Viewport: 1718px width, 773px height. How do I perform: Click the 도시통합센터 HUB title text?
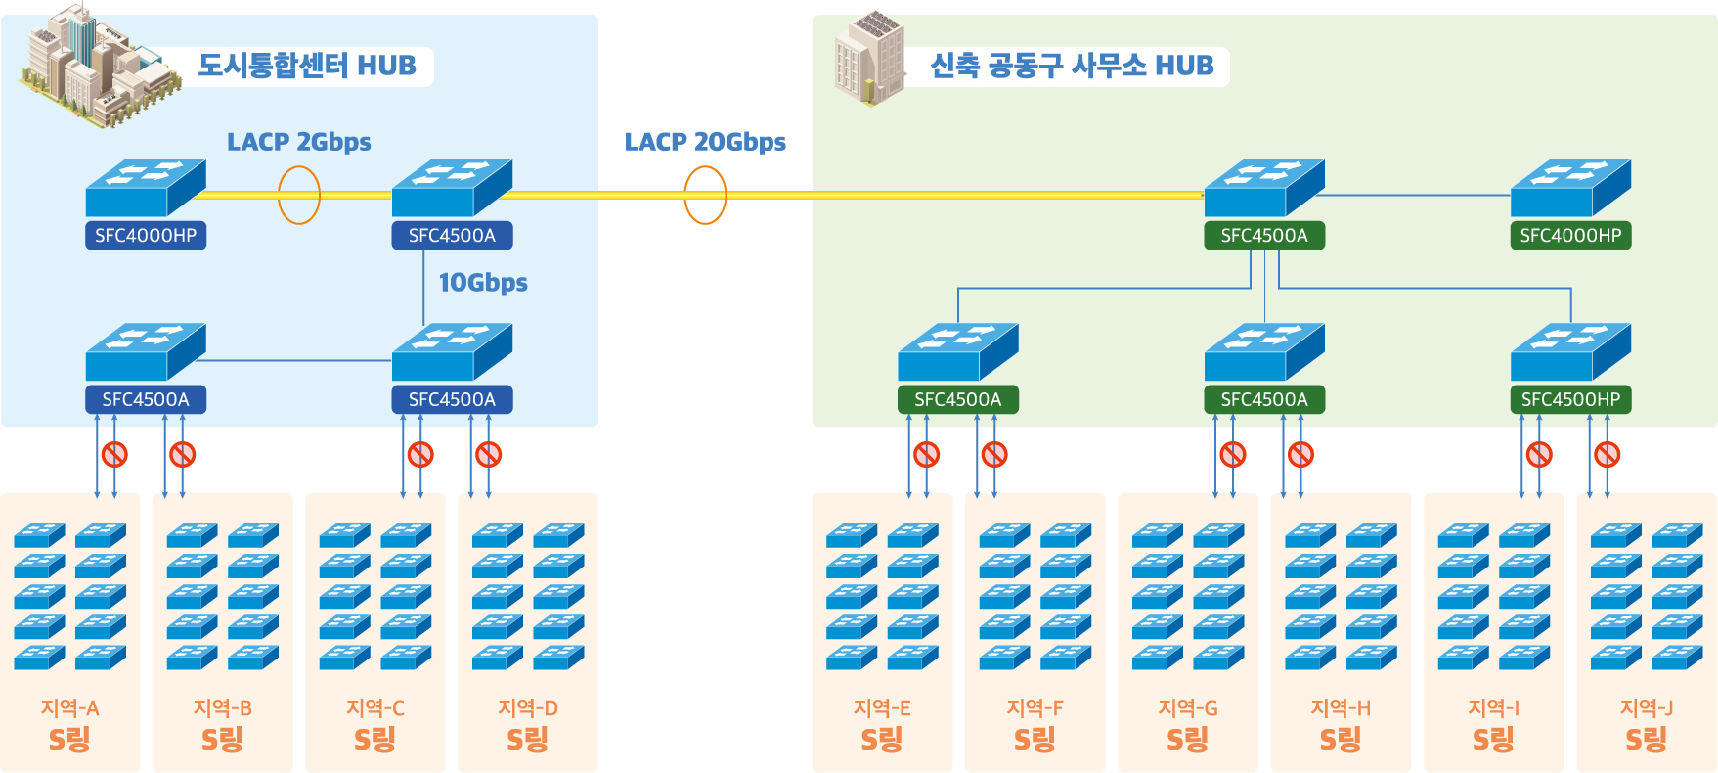pyautogui.click(x=307, y=66)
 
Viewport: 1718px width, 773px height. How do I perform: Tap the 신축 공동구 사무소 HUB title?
pyautogui.click(x=1072, y=66)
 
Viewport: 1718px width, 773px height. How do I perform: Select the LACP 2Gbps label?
pyautogui.click(x=299, y=142)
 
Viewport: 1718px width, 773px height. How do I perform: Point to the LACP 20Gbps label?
pyautogui.click(x=705, y=142)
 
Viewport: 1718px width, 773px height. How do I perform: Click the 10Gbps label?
pyautogui.click(x=483, y=283)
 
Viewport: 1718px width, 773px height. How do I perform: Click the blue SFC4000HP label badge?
pyautogui.click(x=146, y=236)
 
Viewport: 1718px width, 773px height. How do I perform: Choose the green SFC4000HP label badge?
pyautogui.click(x=1570, y=236)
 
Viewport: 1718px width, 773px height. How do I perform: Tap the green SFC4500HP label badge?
pyautogui.click(x=1570, y=399)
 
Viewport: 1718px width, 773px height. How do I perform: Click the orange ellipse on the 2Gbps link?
pyautogui.click(x=299, y=195)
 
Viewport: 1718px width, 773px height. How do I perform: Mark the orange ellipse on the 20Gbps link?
pyautogui.click(x=705, y=195)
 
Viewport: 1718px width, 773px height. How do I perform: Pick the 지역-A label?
pyautogui.click(x=69, y=707)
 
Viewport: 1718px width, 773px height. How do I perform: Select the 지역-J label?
pyautogui.click(x=1647, y=707)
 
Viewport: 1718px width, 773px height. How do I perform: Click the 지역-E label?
pyautogui.click(x=882, y=707)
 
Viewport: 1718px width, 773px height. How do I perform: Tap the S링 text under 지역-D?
pyautogui.click(x=527, y=740)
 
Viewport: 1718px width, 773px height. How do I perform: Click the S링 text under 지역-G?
pyautogui.click(x=1188, y=740)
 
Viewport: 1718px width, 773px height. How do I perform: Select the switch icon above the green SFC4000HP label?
pyautogui.click(x=1570, y=188)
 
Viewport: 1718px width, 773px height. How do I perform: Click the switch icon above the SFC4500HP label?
pyautogui.click(x=1570, y=352)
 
